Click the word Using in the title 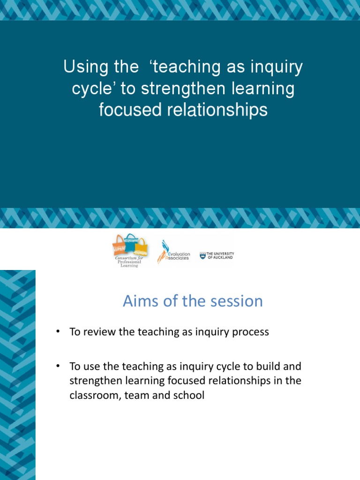point(82,67)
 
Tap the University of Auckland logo point(217,255)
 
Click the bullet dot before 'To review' point(58,332)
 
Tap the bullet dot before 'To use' point(58,365)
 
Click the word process point(251,332)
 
